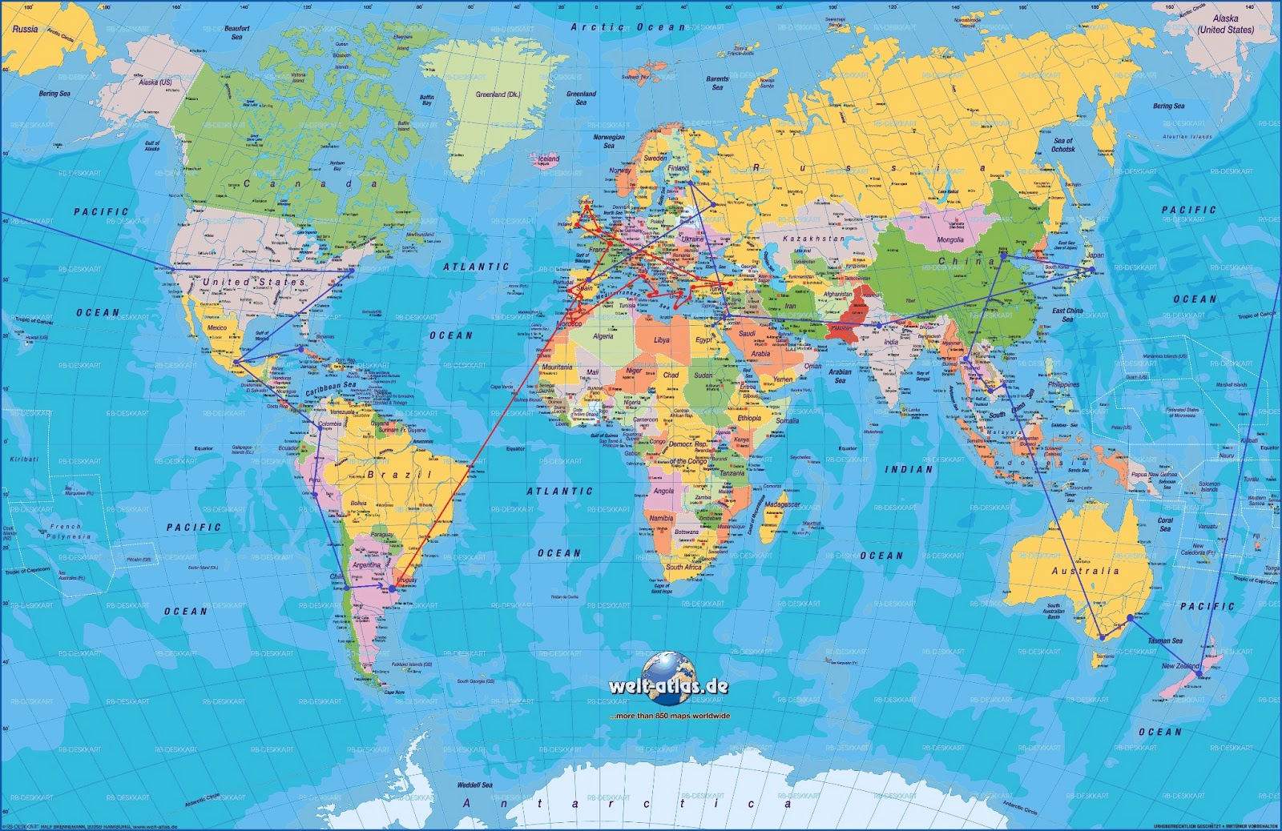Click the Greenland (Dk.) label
pyautogui.click(x=498, y=94)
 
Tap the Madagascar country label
pyautogui.click(x=782, y=505)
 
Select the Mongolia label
pyautogui.click(x=950, y=239)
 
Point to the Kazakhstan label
pyautogui.click(x=813, y=239)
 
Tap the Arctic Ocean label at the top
pyautogui.click(x=627, y=27)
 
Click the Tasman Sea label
pyautogui.click(x=1164, y=640)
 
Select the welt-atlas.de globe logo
pyautogui.click(x=668, y=671)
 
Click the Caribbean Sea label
pyautogui.click(x=330, y=389)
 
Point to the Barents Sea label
pyautogui.click(x=717, y=82)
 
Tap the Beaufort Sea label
pyautogui.click(x=237, y=32)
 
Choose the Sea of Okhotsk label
pyautogui.click(x=1063, y=145)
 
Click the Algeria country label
pyautogui.click(x=603, y=336)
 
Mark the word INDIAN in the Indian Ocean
pyautogui.click(x=909, y=470)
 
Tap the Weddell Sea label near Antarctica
pyautogui.click(x=475, y=785)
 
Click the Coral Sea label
pyautogui.click(x=1165, y=524)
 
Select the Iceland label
pyautogui.click(x=548, y=159)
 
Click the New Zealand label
pyautogui.click(x=1180, y=666)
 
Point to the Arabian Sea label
pyautogui.click(x=840, y=375)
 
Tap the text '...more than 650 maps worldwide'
pyautogui.click(x=669, y=716)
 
